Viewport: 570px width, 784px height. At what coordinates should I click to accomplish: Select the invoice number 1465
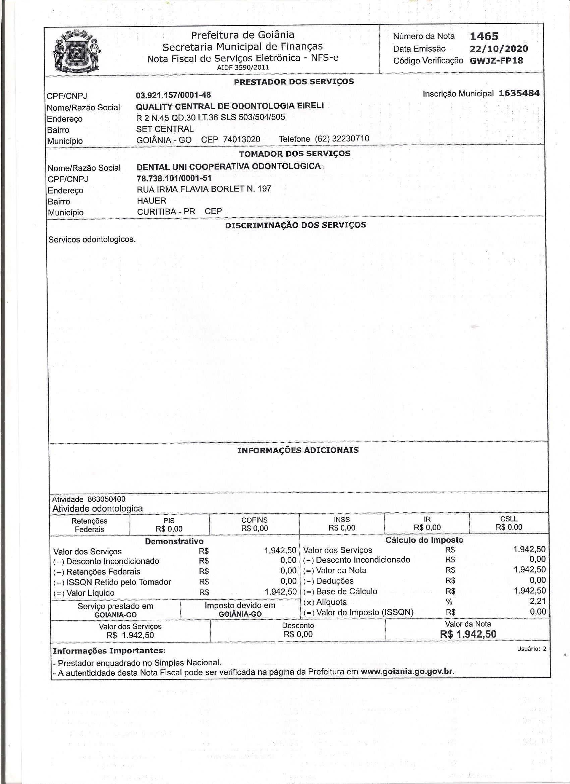pos(484,36)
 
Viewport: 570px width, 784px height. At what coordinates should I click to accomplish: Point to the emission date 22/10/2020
pos(499,49)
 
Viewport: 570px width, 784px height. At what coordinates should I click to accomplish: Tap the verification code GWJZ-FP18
pos(496,61)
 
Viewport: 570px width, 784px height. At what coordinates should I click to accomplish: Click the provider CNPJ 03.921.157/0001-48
pos(174,95)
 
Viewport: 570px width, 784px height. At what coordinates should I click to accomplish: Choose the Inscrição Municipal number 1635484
pos(519,93)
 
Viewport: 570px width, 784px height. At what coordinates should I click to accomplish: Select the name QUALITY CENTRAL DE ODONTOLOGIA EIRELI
pos(230,106)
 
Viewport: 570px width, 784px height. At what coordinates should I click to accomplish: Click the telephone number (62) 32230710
pos(342,139)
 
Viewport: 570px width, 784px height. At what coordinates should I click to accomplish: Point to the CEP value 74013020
pos(242,139)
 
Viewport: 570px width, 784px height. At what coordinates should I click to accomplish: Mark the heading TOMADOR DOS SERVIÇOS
pos(294,154)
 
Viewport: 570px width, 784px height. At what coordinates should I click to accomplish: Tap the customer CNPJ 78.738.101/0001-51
pos(174,178)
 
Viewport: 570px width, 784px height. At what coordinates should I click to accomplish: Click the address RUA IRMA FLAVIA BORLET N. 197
pos(204,189)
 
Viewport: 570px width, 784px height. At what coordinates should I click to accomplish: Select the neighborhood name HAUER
pos(152,201)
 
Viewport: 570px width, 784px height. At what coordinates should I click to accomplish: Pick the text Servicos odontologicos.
pos(92,239)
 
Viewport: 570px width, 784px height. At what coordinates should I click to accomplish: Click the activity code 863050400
pos(107,499)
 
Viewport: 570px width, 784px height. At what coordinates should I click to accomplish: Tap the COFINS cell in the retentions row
pos(254,524)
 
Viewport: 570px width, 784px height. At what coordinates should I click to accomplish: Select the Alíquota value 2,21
pos(537,602)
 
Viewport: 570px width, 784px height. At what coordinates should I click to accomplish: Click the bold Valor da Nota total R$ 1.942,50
pos(468,634)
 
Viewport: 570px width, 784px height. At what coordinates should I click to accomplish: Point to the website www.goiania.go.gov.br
pos(406,672)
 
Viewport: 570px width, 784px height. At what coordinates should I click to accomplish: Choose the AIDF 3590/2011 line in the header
pos(243,68)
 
